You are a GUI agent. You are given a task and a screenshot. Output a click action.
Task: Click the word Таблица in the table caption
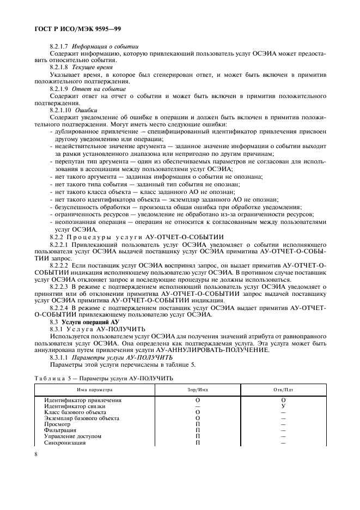(x=50, y=377)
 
